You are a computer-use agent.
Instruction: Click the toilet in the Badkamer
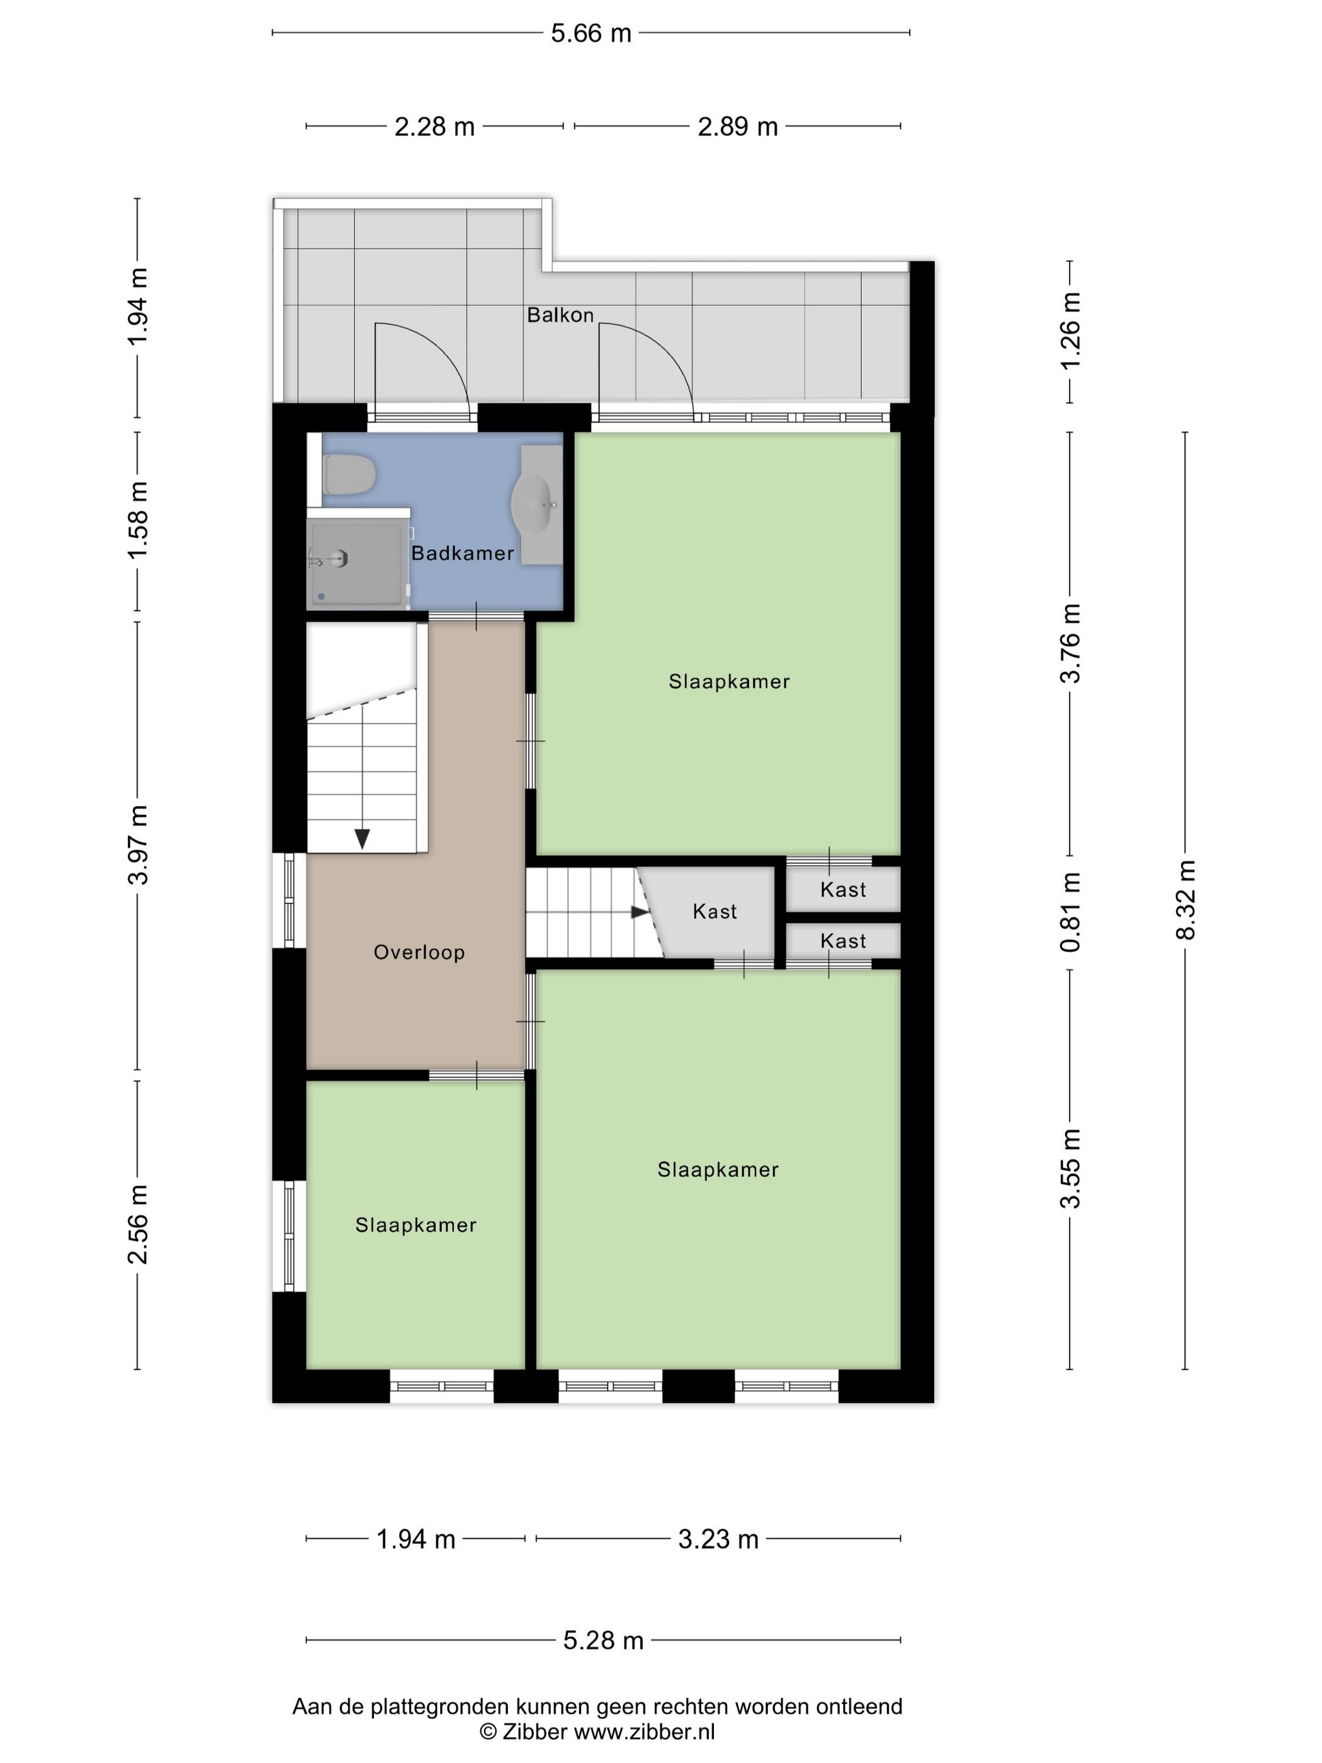349,475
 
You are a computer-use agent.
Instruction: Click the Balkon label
560,315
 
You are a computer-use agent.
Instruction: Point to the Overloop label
419,953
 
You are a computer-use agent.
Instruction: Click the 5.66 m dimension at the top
591,33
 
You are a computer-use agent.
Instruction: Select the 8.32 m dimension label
1186,900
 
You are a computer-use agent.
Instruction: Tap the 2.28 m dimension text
434,127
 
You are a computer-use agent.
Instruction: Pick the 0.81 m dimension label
1070,912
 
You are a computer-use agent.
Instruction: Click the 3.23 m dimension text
718,1539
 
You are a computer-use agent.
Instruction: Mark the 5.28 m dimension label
603,1640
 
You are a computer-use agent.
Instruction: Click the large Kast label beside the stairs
715,912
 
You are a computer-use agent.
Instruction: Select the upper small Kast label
843,890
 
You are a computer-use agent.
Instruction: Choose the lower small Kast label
843,941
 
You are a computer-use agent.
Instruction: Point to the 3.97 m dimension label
138,845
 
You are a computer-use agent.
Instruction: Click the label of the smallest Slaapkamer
416,1225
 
